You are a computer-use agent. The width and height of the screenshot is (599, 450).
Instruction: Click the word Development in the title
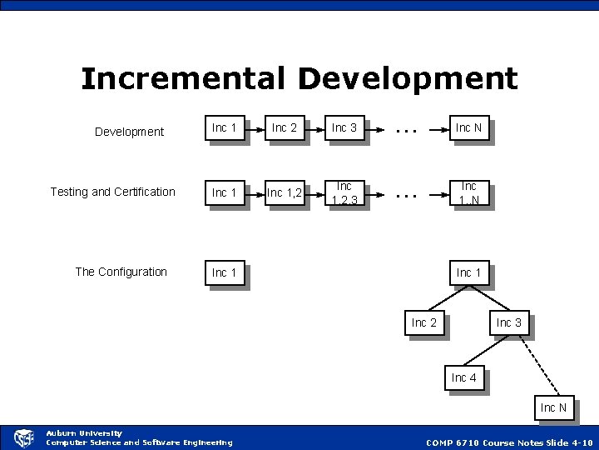pos(407,79)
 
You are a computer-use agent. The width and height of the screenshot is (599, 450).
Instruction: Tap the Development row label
pos(129,132)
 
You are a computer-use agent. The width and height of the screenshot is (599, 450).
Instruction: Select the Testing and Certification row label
pos(112,192)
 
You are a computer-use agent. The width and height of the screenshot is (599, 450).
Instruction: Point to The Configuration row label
pos(121,272)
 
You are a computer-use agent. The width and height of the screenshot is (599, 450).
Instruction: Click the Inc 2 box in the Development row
pos(285,128)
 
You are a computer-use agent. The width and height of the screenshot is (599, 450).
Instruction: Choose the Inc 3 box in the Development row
pos(344,128)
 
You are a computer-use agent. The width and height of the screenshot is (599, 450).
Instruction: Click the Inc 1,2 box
pos(285,193)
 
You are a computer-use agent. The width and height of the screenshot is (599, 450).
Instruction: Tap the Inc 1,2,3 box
pos(344,193)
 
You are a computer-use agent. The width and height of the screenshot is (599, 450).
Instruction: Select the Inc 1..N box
pos(468,193)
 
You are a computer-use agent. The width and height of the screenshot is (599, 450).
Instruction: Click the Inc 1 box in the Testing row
pos(225,193)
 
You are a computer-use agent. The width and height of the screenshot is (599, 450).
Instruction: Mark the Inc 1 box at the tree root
pos(469,272)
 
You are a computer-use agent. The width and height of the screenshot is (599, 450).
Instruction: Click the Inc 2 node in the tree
pos(424,322)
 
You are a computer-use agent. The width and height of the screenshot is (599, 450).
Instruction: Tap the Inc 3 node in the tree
pos(509,322)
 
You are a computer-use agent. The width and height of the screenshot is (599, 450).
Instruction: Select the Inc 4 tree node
pos(463,377)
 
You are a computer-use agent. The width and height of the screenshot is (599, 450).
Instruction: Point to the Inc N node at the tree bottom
pos(553,407)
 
